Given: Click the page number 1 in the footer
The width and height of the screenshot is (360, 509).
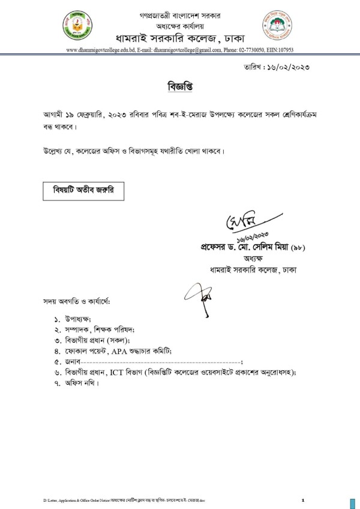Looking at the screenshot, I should pyautogui.click(x=303, y=500).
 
